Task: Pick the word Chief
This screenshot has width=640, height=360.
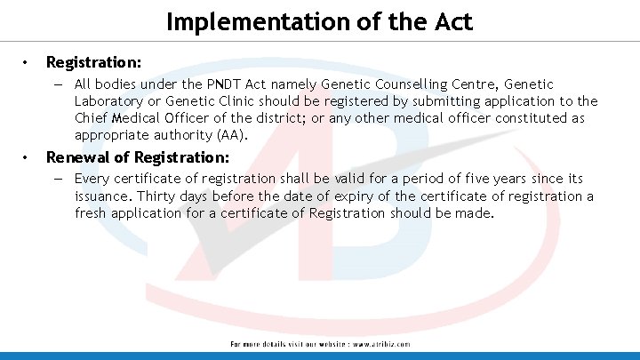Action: point(92,118)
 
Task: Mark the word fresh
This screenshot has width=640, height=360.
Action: point(92,213)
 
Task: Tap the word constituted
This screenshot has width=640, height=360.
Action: point(527,118)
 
